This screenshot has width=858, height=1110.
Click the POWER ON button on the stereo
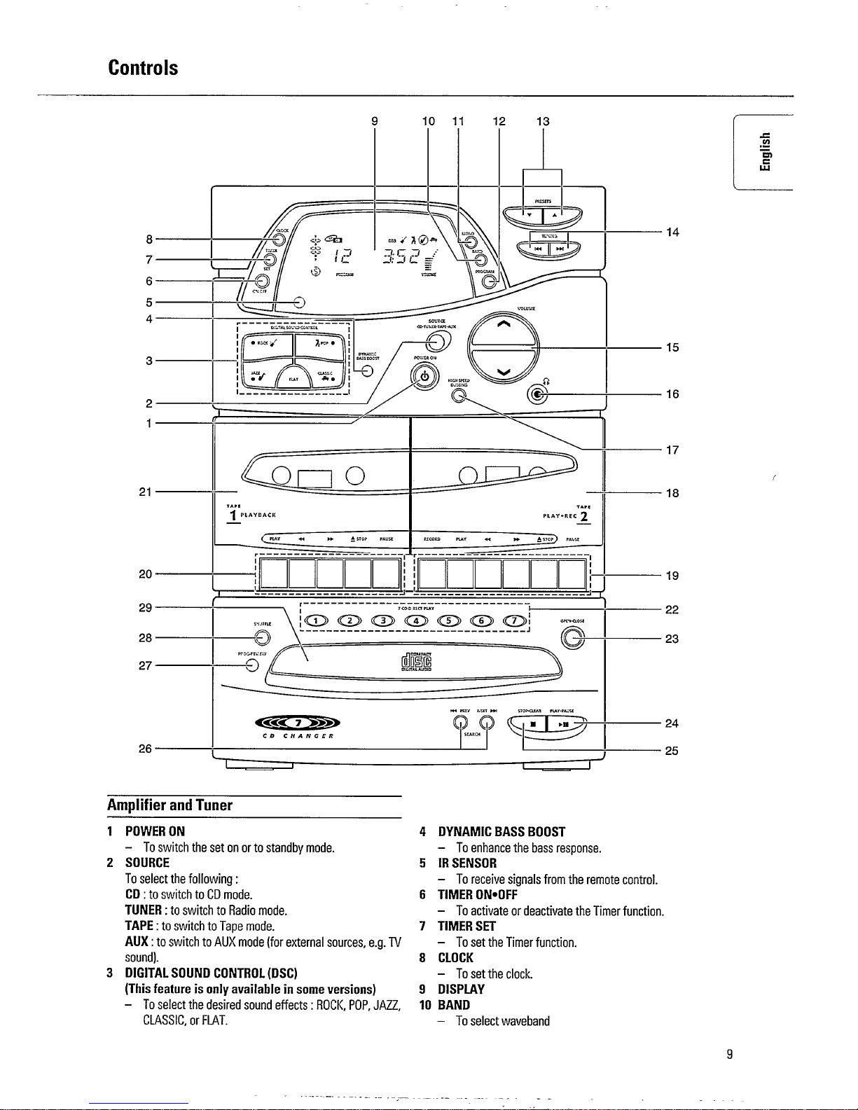424,376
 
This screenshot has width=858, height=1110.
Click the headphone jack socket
537,395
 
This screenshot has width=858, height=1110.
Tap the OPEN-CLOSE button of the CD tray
573,638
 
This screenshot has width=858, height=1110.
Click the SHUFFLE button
262,637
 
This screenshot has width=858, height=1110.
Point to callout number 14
672,232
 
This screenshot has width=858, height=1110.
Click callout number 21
145,492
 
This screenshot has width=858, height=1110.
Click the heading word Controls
143,69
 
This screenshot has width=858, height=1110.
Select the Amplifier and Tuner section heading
169,805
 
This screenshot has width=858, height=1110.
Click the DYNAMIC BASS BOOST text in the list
501,832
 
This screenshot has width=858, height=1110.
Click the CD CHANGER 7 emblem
298,723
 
